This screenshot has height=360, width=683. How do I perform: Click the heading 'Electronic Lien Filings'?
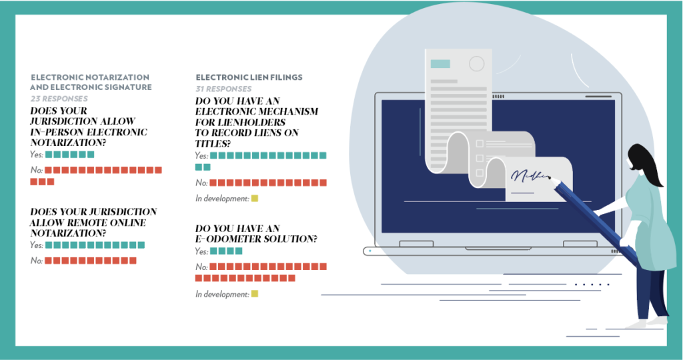coord(249,77)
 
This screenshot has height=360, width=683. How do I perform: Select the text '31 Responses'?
coord(223,88)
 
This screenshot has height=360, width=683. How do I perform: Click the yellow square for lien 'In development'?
coord(254,198)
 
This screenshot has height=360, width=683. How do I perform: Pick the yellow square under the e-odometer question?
coord(254,293)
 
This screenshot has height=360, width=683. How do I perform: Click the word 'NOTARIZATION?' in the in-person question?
coord(69,142)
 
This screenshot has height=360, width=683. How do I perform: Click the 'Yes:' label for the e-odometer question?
coord(201,251)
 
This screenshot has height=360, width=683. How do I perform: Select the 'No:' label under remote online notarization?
coord(36,261)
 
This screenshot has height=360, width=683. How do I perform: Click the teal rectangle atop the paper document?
coord(440,64)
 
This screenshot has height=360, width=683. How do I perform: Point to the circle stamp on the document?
coord(476,64)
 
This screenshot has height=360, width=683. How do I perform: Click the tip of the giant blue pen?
coord(552,179)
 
